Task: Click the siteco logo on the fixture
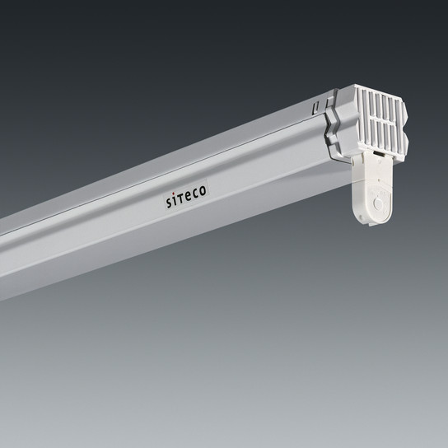pyautogui.click(x=186, y=196)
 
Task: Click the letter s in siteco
pyautogui.click(x=169, y=203)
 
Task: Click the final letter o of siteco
pyautogui.click(x=203, y=190)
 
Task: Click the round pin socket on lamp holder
pyautogui.click(x=378, y=203)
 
